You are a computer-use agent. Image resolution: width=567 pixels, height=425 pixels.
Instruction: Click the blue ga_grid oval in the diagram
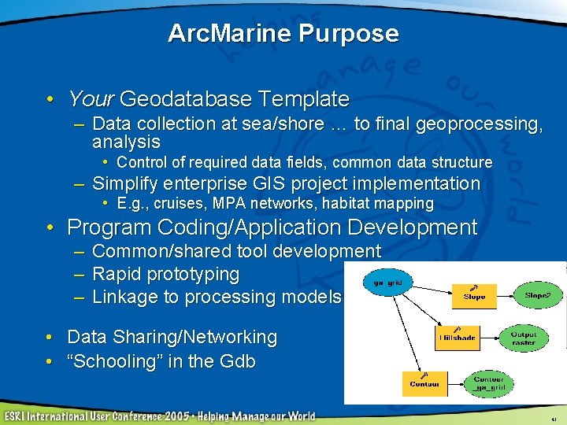tap(389, 281)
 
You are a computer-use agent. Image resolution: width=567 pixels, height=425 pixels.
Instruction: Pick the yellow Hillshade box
tap(457, 337)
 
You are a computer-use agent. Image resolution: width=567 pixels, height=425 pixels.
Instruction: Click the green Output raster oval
tap(523, 338)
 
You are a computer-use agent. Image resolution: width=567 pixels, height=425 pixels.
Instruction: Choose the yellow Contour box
tap(424, 382)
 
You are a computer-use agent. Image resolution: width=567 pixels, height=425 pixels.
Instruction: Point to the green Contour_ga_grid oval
tap(488, 382)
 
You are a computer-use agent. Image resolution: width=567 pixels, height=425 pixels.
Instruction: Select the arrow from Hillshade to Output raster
tap(489, 338)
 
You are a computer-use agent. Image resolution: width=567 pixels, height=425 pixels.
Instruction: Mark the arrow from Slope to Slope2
tap(508, 296)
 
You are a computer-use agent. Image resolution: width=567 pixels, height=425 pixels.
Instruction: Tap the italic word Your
tap(91, 99)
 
